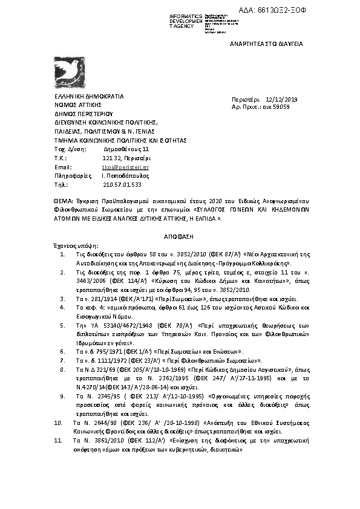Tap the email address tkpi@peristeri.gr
(126, 166)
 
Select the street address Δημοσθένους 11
(126, 149)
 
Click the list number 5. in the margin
(63, 325)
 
